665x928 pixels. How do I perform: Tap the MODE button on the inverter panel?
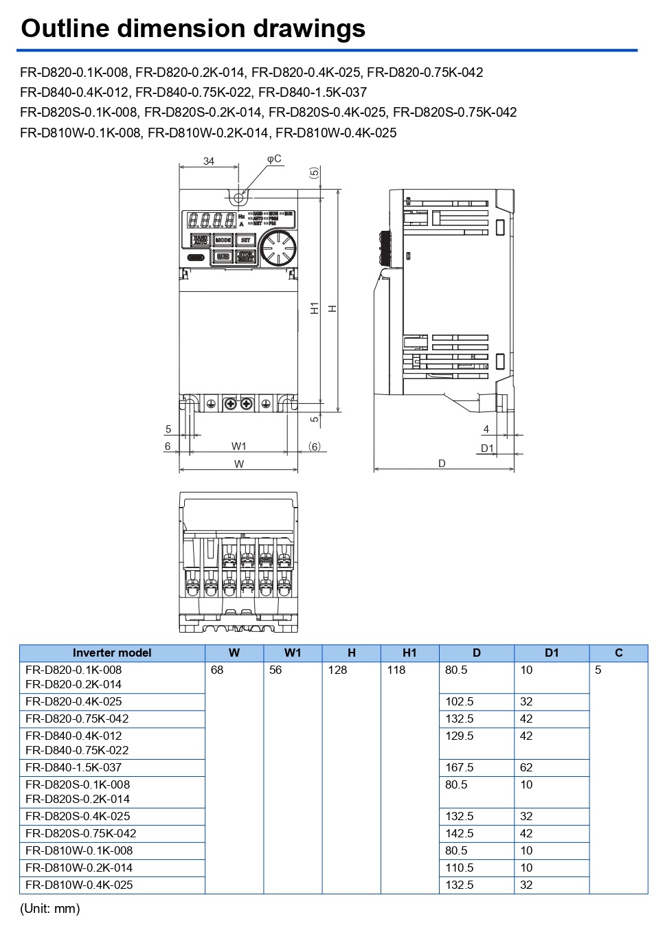[223, 240]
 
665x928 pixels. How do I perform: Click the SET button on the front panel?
[245, 240]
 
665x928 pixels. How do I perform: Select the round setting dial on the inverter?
[277, 248]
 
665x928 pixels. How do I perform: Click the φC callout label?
[274, 159]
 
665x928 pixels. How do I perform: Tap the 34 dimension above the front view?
[209, 161]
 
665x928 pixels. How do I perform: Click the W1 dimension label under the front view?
[238, 446]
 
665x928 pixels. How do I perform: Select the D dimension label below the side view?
[442, 464]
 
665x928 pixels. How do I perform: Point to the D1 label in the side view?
[487, 448]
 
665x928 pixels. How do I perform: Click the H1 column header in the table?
[409, 653]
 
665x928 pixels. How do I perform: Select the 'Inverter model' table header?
[112, 653]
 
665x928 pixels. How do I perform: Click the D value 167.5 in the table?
[459, 767]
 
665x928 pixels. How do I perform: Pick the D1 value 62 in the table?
[526, 767]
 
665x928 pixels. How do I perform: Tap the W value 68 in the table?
[217, 670]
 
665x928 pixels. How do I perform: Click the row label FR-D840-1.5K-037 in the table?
[74, 767]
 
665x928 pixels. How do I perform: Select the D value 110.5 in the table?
[459, 868]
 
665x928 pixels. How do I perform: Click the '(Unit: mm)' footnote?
[50, 908]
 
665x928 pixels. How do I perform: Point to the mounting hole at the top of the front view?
[239, 198]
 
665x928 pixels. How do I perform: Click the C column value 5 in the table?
[598, 670]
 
